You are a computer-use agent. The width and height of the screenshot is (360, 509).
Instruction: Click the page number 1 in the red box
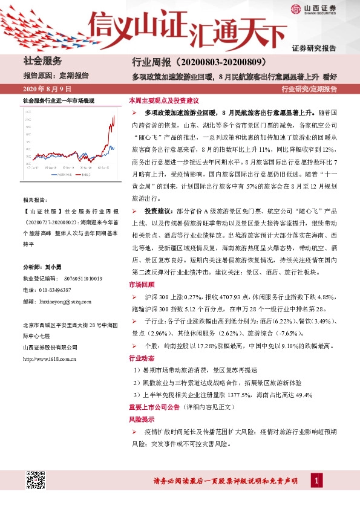[x=315, y=480]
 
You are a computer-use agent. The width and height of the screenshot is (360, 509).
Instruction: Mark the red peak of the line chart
[x=114, y=117]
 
